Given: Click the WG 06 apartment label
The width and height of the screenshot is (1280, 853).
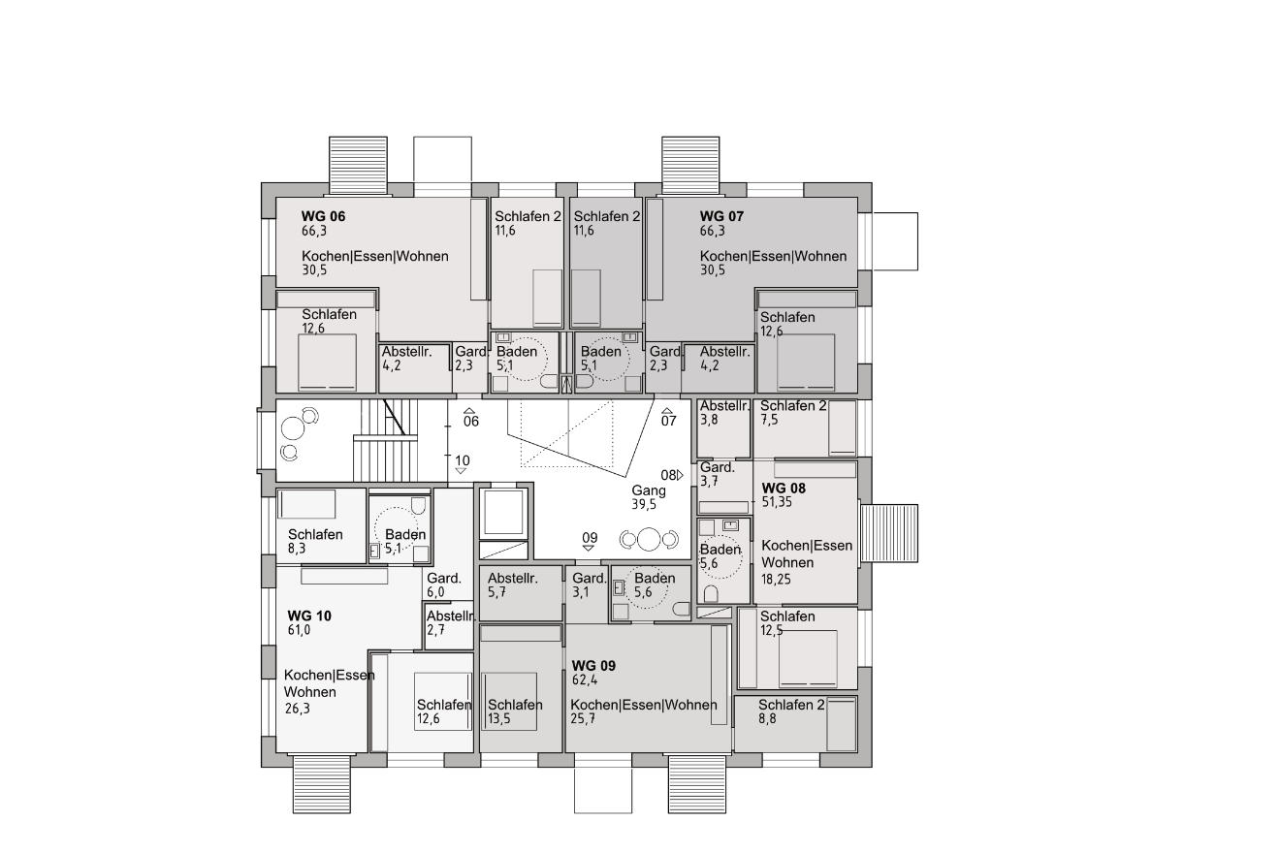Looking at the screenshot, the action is tap(323, 216).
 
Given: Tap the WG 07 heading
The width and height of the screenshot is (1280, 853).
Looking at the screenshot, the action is tap(721, 216).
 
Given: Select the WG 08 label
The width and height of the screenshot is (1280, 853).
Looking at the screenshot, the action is tap(784, 489).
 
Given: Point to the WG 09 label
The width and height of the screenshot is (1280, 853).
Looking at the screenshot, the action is tap(593, 666).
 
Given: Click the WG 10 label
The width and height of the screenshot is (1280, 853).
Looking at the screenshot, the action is tap(309, 616).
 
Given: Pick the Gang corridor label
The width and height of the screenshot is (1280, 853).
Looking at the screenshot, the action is tap(649, 490).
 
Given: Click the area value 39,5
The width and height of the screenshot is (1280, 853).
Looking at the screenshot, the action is tap(644, 505).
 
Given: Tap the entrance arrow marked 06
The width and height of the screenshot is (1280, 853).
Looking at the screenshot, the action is tap(469, 410).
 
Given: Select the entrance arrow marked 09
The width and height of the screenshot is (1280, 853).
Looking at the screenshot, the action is tap(588, 548).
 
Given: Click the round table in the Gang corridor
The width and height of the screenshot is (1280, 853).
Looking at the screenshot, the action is tap(649, 539).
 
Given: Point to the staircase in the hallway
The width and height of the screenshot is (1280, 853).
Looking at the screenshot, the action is tap(386, 440).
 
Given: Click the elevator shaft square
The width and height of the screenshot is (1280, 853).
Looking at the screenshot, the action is tap(503, 512).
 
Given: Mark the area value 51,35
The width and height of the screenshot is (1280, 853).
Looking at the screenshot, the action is tap(777, 503).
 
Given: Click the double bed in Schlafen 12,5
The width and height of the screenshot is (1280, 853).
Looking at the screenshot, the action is tap(808, 659).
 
